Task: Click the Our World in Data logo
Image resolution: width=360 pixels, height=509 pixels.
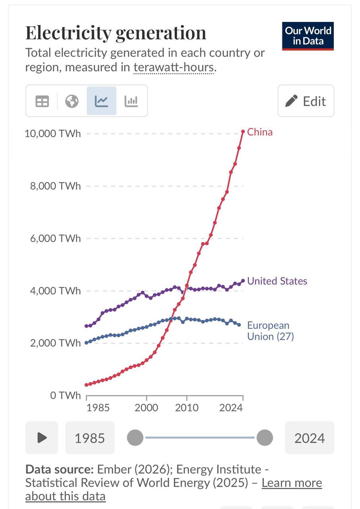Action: coord(308,36)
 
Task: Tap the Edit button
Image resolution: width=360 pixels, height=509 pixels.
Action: coord(306,101)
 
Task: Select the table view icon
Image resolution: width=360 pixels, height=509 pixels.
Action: coord(42,101)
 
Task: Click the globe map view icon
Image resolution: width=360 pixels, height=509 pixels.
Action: coord(72,101)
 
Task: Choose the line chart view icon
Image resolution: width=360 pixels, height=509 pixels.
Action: coord(101,101)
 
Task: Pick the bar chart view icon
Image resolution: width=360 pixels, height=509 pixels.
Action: coord(131,101)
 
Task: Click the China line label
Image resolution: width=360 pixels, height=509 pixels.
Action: coord(260,132)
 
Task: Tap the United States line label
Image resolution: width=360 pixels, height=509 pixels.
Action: coord(277,281)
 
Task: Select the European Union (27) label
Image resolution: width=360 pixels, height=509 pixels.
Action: coord(270,331)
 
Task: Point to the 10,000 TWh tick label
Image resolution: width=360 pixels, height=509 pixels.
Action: coord(53,133)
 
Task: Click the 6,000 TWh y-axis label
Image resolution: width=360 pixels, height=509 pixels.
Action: coord(55,238)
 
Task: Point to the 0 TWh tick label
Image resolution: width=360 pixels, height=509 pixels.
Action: coord(65,396)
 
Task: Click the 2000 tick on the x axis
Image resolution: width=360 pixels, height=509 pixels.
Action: coord(146,408)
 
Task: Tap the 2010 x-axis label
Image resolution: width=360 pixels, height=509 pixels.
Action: coord(187,408)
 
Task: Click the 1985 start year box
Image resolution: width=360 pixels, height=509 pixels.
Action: coord(90,438)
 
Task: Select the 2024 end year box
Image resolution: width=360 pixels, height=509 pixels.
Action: coord(309,438)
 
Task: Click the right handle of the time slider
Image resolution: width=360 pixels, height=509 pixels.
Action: coord(265,438)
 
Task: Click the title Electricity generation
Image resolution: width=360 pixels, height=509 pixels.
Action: coord(116,33)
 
